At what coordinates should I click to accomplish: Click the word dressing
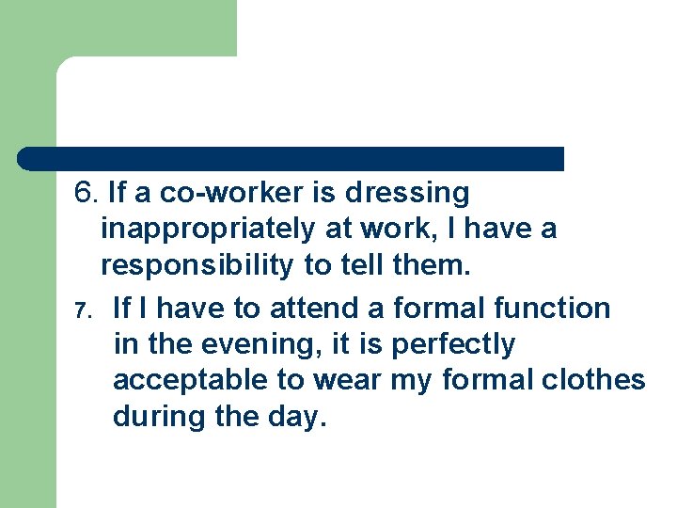pyautogui.click(x=406, y=194)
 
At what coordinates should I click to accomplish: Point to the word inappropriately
pyautogui.click(x=208, y=230)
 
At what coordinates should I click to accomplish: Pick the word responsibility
pyautogui.click(x=197, y=266)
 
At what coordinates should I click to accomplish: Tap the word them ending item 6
pyautogui.click(x=432, y=266)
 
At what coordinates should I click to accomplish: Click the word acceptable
pyautogui.click(x=181, y=381)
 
